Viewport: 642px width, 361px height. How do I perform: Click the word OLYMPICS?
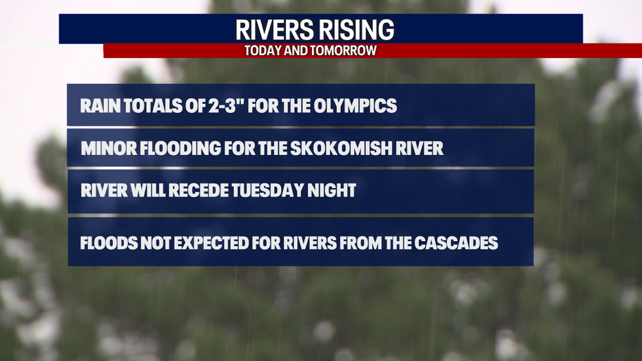(355, 105)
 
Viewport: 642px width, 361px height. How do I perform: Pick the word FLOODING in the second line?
(180, 148)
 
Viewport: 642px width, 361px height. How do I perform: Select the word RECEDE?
(198, 190)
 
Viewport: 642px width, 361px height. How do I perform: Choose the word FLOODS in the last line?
(109, 243)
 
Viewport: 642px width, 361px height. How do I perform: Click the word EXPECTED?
(211, 243)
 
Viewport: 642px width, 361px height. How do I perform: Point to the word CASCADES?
(456, 243)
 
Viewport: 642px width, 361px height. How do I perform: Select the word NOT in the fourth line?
(156, 243)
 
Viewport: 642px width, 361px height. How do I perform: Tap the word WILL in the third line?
(148, 190)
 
